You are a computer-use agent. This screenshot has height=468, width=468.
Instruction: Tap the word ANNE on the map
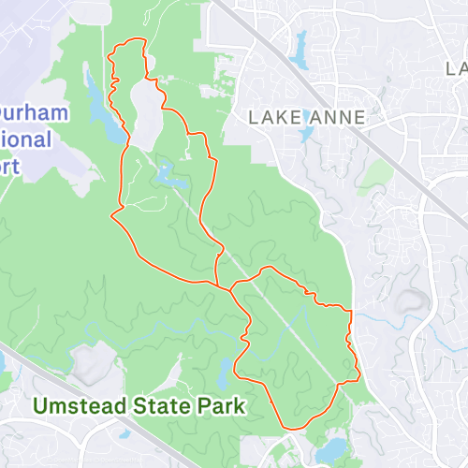pos(335,118)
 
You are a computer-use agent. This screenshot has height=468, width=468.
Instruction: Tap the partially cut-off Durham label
pos(34,114)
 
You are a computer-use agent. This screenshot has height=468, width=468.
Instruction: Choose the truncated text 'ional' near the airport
pos(26,140)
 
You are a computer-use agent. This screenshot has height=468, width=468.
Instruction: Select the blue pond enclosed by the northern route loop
pos(167,174)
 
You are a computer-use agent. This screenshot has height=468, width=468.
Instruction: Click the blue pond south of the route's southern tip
pos(329,452)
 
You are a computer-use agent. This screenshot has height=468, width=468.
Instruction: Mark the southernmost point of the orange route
pos(293,429)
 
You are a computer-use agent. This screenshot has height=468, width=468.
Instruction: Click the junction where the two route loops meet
pos(219,285)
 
